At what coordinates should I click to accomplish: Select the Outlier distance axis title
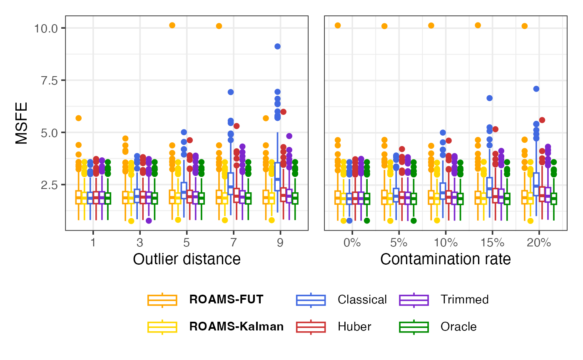(x=187, y=259)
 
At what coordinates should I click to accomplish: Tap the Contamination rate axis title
(x=445, y=259)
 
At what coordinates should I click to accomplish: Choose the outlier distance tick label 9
(x=280, y=243)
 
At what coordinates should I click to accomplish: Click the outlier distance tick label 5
(x=186, y=243)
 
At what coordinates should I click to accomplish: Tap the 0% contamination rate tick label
(x=352, y=243)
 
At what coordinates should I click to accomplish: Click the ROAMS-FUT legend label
(x=226, y=300)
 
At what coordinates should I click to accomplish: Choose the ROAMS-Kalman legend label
(x=236, y=327)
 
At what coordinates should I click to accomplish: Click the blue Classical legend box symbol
(x=311, y=300)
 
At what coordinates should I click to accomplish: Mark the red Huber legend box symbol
(x=311, y=327)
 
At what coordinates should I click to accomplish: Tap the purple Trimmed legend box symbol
(x=414, y=300)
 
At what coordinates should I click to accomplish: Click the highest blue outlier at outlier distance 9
(x=277, y=46)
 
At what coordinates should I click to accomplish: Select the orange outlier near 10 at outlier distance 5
(x=172, y=25)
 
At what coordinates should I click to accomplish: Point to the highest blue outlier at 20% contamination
(x=536, y=89)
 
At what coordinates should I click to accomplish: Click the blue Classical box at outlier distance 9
(x=277, y=177)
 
